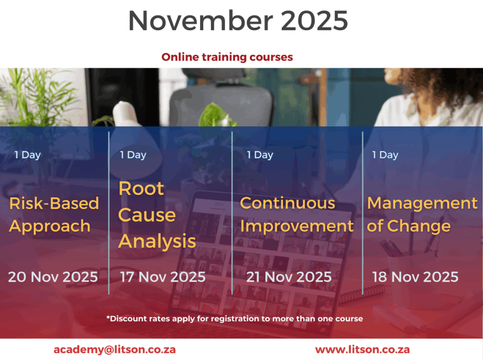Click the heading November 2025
(x=238, y=21)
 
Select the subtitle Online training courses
(x=227, y=57)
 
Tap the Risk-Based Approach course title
(x=54, y=215)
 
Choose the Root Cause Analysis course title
(x=157, y=215)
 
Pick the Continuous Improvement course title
(x=297, y=215)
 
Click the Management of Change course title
(x=422, y=215)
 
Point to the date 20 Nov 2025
(x=53, y=277)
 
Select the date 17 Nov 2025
(x=163, y=277)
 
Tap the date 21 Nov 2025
(x=289, y=277)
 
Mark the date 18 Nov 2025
(x=415, y=277)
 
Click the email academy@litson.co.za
(x=115, y=350)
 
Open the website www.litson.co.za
(x=362, y=350)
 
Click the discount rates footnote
(x=235, y=318)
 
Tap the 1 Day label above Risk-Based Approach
(x=27, y=155)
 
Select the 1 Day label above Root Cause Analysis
(x=133, y=155)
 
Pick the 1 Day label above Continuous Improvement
(x=260, y=155)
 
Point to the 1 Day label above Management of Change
(x=385, y=155)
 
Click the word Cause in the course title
(x=147, y=215)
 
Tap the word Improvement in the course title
(x=297, y=226)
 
